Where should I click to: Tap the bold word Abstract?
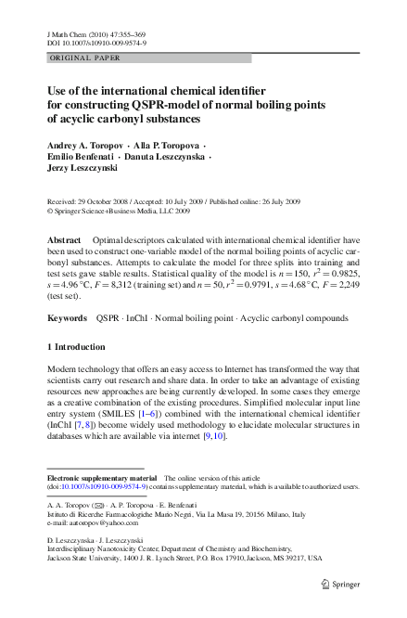coord(64,239)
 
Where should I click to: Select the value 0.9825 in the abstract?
coord(338,276)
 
